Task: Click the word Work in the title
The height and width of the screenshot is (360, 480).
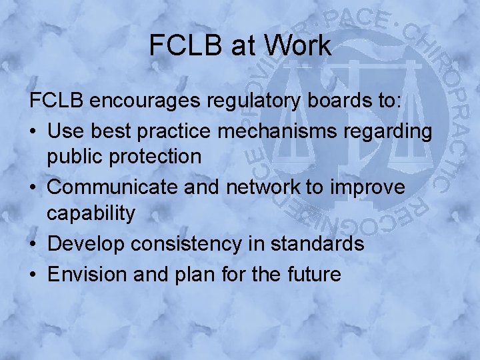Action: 297,45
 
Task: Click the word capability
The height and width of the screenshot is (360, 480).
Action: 91,215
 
